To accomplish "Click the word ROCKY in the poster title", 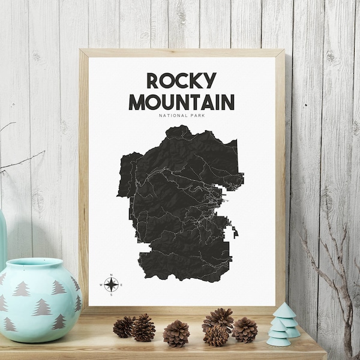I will point(181,82).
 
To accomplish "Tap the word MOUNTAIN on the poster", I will point(181,101).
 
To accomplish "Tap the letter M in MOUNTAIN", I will point(137,101).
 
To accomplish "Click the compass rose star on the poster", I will point(110,284).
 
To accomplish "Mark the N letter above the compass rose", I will point(110,275).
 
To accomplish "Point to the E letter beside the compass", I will point(121,284).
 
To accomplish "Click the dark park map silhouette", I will point(180,204).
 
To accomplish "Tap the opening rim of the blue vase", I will point(36,265).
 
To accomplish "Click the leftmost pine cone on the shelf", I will point(124,327).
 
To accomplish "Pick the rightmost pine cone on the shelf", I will point(245,329).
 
